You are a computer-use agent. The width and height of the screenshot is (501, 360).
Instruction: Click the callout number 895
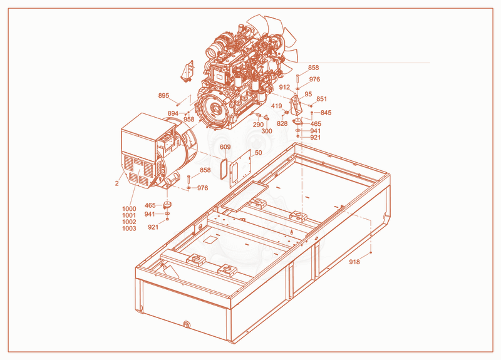click(x=163, y=96)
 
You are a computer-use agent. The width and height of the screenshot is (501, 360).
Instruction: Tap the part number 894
click(x=173, y=113)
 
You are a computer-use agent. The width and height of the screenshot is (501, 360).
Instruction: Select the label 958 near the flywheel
click(x=189, y=120)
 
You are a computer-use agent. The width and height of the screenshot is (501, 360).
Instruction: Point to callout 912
click(x=284, y=87)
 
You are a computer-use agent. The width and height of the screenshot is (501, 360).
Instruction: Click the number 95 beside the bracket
click(x=308, y=95)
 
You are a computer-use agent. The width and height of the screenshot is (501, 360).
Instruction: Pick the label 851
click(x=322, y=99)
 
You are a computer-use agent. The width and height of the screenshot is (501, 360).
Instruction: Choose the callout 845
click(x=326, y=113)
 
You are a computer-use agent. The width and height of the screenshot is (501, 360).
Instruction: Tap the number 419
click(x=276, y=106)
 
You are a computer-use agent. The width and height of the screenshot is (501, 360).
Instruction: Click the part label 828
click(x=282, y=123)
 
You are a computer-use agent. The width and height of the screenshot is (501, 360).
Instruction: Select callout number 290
click(x=258, y=125)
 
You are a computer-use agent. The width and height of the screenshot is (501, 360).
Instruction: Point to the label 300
click(x=267, y=131)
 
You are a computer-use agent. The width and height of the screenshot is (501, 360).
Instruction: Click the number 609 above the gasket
click(x=225, y=147)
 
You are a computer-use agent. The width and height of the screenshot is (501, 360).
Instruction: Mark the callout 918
click(x=354, y=262)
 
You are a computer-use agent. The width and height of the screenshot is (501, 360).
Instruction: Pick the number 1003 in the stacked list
click(x=129, y=229)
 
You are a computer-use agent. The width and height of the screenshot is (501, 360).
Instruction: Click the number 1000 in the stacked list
click(x=129, y=209)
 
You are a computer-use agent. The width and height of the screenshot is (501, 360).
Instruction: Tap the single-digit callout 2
click(x=117, y=183)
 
